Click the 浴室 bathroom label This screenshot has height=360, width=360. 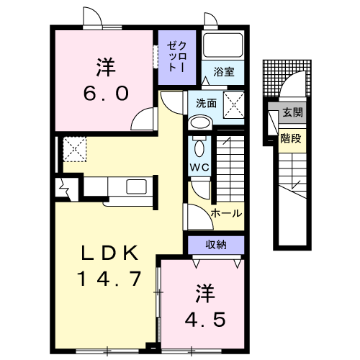224,72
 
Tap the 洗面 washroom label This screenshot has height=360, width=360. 206,103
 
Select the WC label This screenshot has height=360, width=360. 199,167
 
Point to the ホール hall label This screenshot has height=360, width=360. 226,213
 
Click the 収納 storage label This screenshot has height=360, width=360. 216,245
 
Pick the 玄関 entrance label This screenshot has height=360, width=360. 292,112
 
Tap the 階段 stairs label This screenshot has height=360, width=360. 291,138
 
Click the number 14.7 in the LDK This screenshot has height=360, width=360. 109,279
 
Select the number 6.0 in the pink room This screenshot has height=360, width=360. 106,94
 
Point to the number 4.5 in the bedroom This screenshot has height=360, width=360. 205,320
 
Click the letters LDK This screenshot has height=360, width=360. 109,253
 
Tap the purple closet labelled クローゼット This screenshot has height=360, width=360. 177,58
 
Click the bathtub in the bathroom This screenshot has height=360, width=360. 222,45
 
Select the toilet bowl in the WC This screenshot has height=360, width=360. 199,148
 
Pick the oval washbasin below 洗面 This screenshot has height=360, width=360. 199,123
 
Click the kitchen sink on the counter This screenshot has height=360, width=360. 136,186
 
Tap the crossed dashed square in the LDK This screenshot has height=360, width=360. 75,149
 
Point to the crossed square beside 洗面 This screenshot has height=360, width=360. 234,105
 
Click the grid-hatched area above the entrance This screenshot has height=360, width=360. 287,78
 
